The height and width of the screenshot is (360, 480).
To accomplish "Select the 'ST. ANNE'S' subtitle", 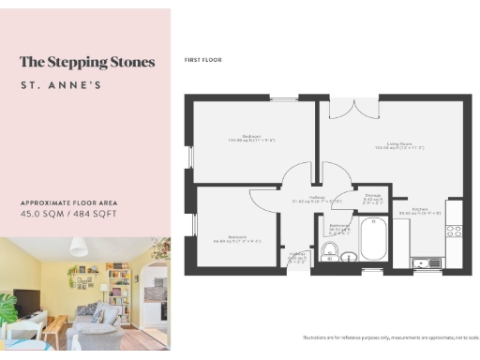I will [62, 86].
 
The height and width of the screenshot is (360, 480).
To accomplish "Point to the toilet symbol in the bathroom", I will [330, 250].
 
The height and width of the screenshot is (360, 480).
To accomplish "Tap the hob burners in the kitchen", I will [454, 229].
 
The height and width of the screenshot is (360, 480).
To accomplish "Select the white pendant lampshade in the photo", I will [80, 247].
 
